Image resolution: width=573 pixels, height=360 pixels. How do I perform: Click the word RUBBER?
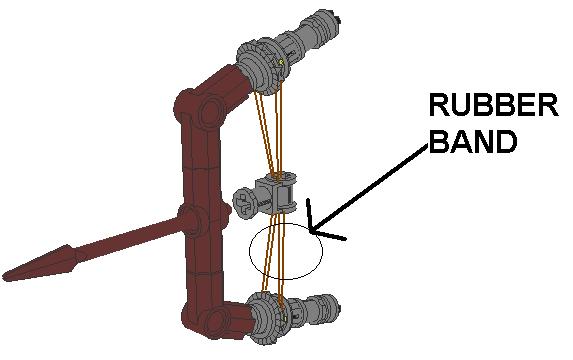pyautogui.click(x=492, y=107)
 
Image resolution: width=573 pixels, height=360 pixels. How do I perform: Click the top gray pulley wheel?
pyautogui.click(x=262, y=64)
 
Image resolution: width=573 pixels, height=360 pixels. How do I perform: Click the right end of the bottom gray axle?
pyautogui.click(x=341, y=319)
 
